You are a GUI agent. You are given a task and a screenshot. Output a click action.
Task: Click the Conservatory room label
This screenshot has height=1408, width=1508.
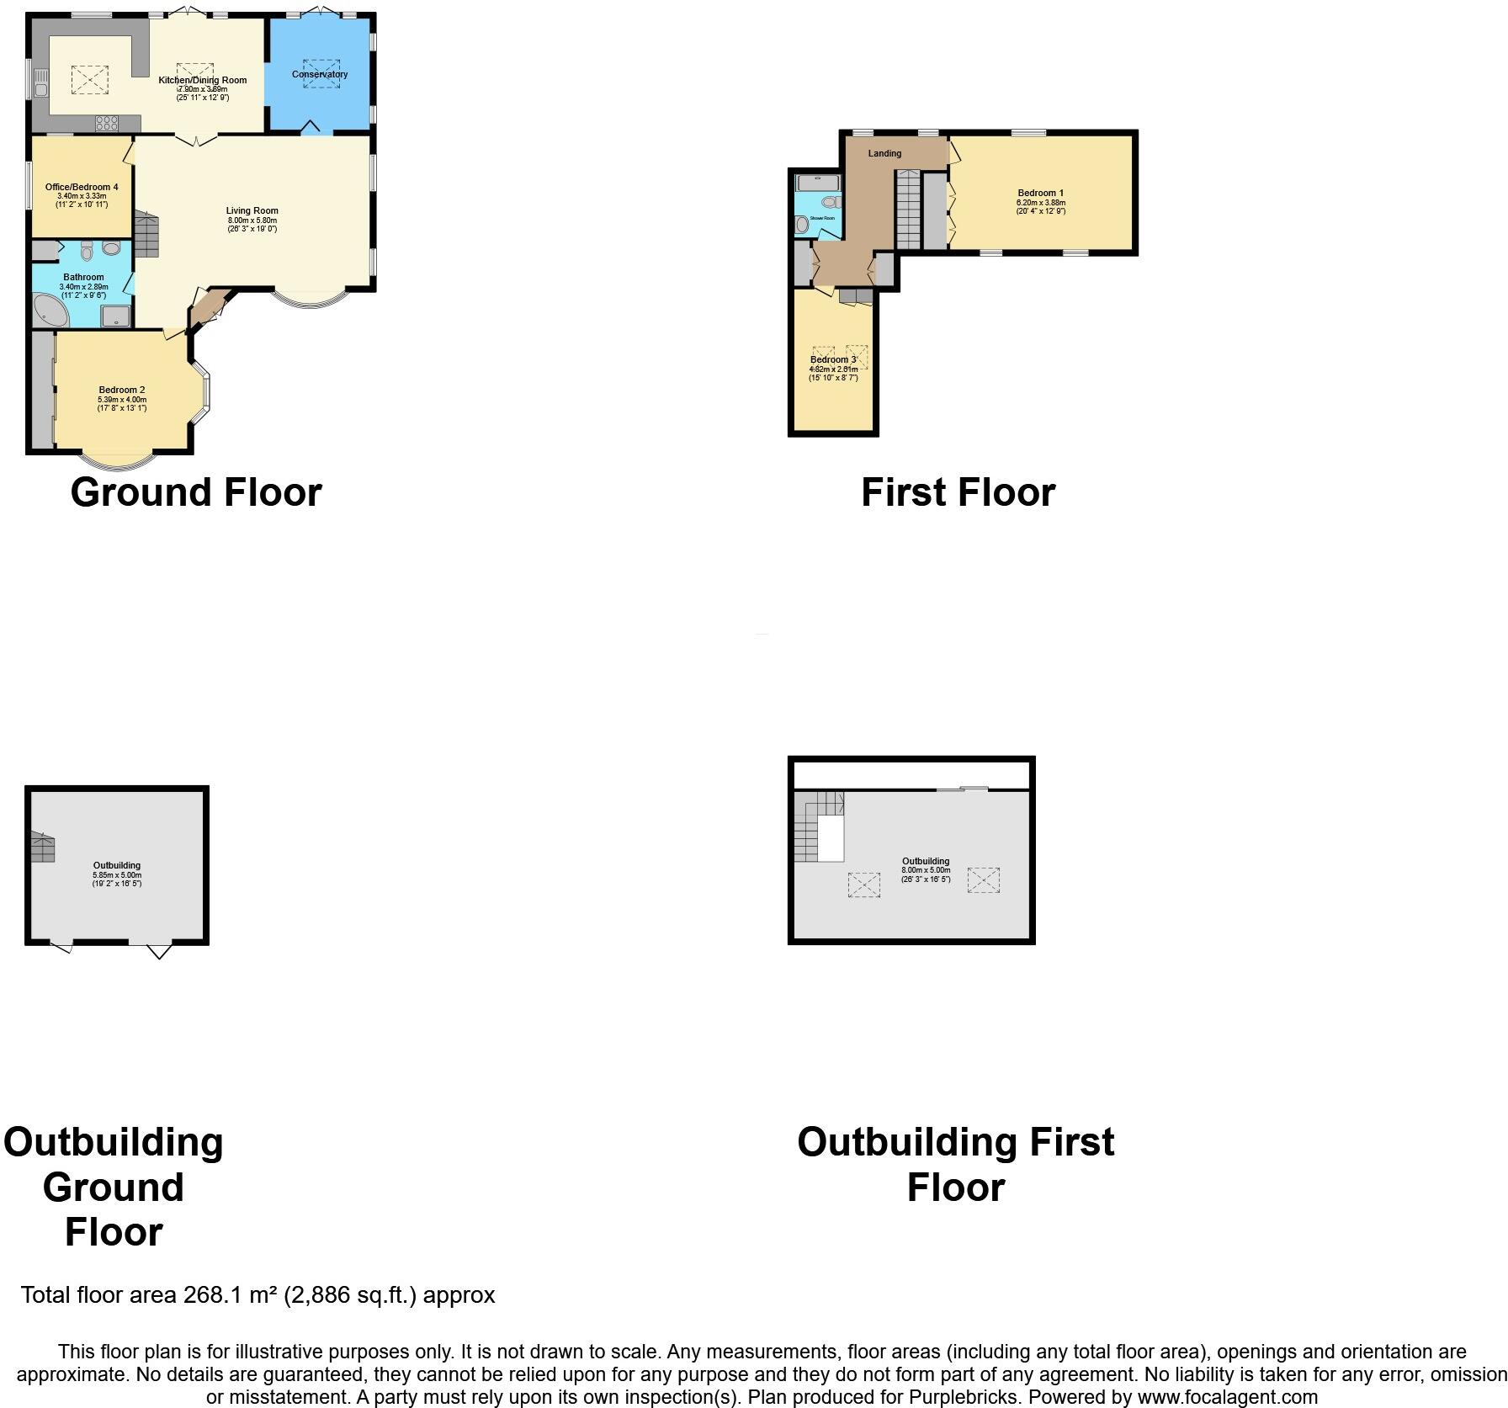point(320,75)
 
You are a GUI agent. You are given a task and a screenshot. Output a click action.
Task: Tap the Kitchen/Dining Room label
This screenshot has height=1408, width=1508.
point(203,81)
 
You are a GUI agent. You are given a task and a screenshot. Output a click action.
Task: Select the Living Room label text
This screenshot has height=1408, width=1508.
point(252,211)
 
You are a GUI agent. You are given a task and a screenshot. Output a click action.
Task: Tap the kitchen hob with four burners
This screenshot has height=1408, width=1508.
point(107,124)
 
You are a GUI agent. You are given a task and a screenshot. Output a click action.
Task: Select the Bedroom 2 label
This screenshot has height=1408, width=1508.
point(122,390)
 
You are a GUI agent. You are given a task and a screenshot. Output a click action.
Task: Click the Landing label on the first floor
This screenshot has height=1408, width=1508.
point(884,153)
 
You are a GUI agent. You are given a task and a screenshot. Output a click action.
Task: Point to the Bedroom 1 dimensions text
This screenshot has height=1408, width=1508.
point(1041,207)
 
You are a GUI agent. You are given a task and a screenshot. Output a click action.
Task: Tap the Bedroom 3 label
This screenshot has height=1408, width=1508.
point(833,360)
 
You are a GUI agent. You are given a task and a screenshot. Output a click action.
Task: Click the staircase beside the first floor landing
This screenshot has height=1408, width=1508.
point(908,209)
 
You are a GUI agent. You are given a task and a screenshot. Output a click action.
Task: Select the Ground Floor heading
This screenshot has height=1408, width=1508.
point(196,492)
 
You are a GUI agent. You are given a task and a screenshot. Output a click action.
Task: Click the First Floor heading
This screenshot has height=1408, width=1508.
point(958,492)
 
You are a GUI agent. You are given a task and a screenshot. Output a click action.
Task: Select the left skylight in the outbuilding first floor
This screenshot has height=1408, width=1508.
point(863,885)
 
